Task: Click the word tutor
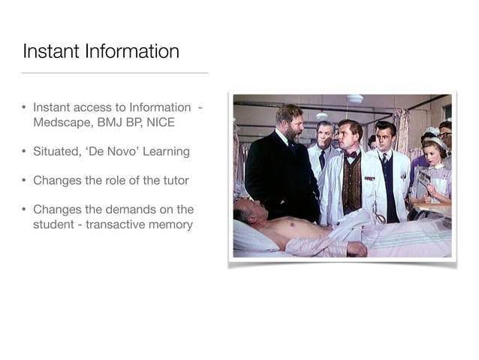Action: click(x=173, y=180)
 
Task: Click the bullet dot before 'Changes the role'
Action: click(x=25, y=180)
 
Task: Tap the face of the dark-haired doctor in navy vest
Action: click(x=384, y=138)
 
